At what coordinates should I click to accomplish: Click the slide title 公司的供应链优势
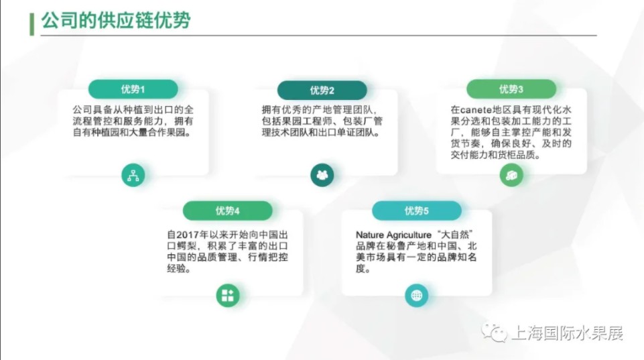(x=116, y=20)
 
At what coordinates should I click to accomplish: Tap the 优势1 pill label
(x=133, y=89)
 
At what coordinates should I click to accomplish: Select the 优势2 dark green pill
(x=322, y=90)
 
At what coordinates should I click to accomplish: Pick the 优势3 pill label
(x=511, y=89)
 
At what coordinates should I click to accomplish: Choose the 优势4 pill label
(x=228, y=211)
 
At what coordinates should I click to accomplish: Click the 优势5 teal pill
(x=416, y=211)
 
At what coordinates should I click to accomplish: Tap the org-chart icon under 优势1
(x=133, y=175)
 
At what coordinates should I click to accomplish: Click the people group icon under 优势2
(x=322, y=175)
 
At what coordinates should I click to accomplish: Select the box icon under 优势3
(x=511, y=175)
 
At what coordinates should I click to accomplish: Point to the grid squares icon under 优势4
(x=228, y=296)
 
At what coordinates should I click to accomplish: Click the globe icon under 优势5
(x=416, y=296)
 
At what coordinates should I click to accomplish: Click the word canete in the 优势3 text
(x=476, y=110)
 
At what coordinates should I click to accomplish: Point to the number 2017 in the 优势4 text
(x=187, y=235)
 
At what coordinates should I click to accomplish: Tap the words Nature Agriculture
(x=393, y=235)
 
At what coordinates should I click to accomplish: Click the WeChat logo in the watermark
(x=494, y=333)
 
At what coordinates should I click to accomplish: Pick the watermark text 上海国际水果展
(x=568, y=333)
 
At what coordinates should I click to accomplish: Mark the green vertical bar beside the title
(x=31, y=24)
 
